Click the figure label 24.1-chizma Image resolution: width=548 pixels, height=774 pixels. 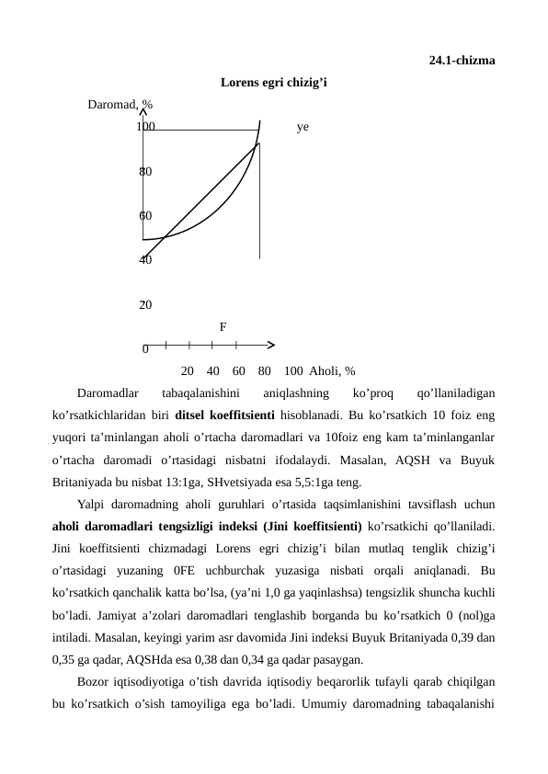pyautogui.click(x=462, y=62)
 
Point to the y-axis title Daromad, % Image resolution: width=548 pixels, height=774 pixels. pyautogui.click(x=120, y=105)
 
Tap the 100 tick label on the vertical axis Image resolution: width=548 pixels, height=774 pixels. pyautogui.click(x=145, y=127)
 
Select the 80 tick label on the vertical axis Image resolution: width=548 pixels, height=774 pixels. pyautogui.click(x=145, y=172)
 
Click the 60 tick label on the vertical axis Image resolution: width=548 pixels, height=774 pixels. pyautogui.click(x=145, y=216)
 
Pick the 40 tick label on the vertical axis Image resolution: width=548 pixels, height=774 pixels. pyautogui.click(x=145, y=260)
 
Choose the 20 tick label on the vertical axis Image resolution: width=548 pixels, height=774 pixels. pyautogui.click(x=145, y=304)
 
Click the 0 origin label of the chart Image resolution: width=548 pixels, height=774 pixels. pyautogui.click(x=145, y=349)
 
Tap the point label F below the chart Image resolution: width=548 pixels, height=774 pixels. pyautogui.click(x=223, y=326)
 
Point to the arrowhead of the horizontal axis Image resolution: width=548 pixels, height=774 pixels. pyautogui.click(x=270, y=345)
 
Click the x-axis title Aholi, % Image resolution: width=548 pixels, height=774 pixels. pyautogui.click(x=333, y=371)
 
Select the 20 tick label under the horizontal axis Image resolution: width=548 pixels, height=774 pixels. pyautogui.click(x=188, y=371)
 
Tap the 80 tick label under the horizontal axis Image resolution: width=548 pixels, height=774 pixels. pyautogui.click(x=265, y=371)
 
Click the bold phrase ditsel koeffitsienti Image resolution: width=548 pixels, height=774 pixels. pyautogui.click(x=276, y=415)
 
